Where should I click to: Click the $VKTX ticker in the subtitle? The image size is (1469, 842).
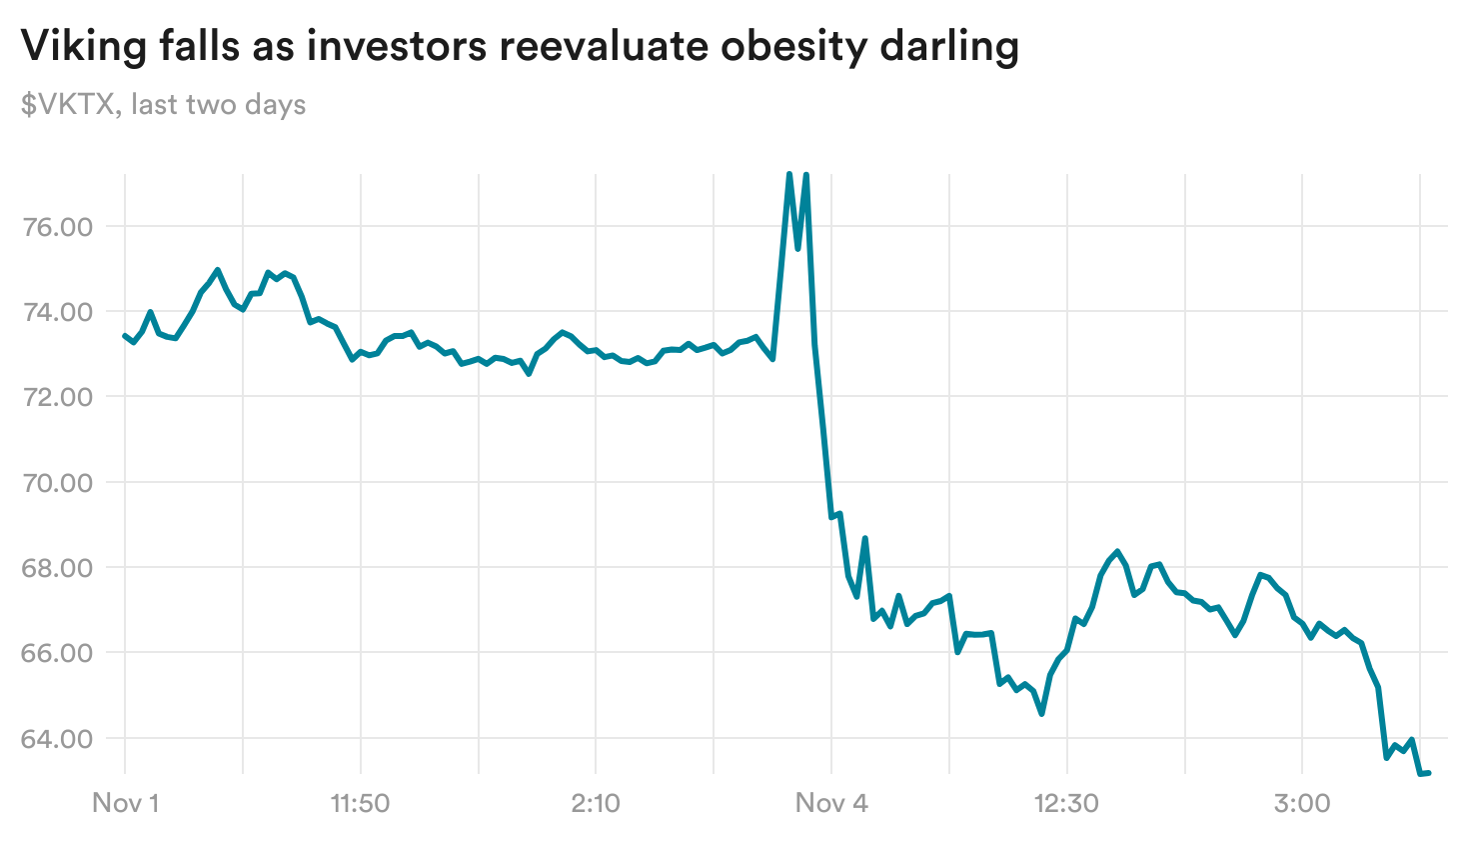[67, 105]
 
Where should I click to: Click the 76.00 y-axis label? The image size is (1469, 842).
[56, 227]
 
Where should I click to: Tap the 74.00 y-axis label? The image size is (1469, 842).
[56, 312]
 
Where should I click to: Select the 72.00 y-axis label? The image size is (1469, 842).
[56, 397]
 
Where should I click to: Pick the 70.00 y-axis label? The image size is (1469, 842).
[56, 483]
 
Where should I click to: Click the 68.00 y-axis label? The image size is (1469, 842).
[56, 568]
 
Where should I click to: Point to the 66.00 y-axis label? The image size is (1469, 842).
[56, 653]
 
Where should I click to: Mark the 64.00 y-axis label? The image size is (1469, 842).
[56, 739]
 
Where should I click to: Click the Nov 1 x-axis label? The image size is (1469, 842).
[125, 803]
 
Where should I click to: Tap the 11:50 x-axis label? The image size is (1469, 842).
[360, 803]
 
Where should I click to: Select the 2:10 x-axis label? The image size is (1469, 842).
[596, 803]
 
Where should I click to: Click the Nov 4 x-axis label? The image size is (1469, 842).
[831, 803]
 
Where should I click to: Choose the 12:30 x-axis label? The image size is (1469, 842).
[1067, 803]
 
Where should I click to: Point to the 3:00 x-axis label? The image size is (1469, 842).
[1302, 803]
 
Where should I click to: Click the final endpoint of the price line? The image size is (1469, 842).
[1429, 772]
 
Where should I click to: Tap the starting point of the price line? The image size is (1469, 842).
[125, 335]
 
